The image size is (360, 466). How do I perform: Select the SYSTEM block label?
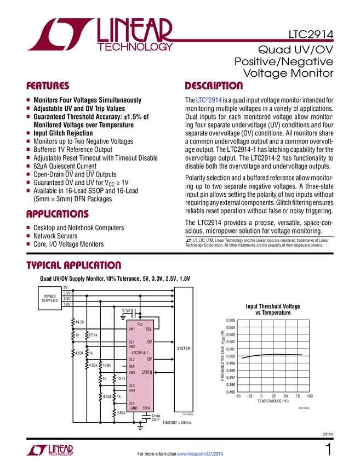(184, 348)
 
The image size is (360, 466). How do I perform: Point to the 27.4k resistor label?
(93, 335)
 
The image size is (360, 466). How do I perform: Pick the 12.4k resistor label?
(122, 378)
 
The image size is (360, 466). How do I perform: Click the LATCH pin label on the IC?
(146, 373)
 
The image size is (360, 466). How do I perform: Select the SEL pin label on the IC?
(148, 329)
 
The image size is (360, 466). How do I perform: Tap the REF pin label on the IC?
(132, 366)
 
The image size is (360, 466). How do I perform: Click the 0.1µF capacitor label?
(127, 310)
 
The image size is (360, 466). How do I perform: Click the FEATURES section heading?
(48, 86)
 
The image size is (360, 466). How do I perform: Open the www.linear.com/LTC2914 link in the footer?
(201, 454)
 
